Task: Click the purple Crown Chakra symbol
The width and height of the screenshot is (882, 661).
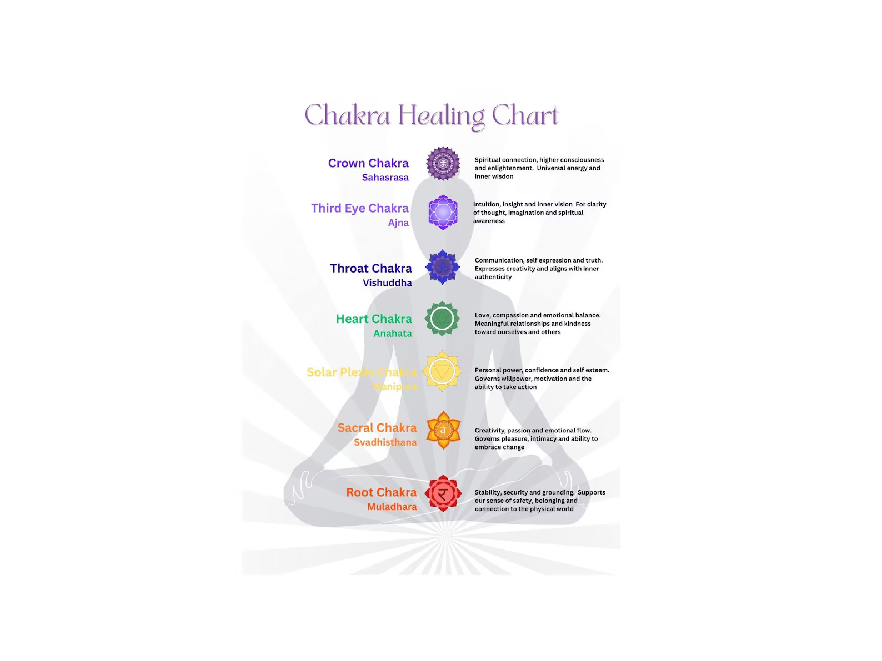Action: tap(443, 163)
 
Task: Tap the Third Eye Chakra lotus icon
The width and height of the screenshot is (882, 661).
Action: tap(443, 212)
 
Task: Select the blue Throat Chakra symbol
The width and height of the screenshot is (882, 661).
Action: tap(443, 267)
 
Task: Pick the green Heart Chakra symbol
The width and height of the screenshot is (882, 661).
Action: tap(442, 319)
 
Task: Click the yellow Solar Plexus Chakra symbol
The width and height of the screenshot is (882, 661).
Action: tap(442, 371)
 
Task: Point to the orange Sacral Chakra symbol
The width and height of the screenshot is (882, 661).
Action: tap(443, 430)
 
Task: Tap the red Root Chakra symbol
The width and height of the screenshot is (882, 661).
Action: tap(443, 493)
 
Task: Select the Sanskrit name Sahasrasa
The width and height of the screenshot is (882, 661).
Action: tap(385, 178)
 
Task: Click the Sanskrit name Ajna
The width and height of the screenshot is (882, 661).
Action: tap(398, 223)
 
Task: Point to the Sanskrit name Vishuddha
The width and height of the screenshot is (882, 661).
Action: tap(387, 282)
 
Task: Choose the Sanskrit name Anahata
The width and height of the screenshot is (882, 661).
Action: tap(393, 334)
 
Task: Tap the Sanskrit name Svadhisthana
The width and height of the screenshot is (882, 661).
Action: tap(385, 442)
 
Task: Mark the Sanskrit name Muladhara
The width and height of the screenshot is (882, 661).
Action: tap(392, 507)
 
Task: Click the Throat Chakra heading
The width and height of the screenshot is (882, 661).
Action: tap(371, 268)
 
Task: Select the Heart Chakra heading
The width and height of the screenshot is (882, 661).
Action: tap(374, 319)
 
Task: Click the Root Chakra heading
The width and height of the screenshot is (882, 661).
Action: tap(381, 492)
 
